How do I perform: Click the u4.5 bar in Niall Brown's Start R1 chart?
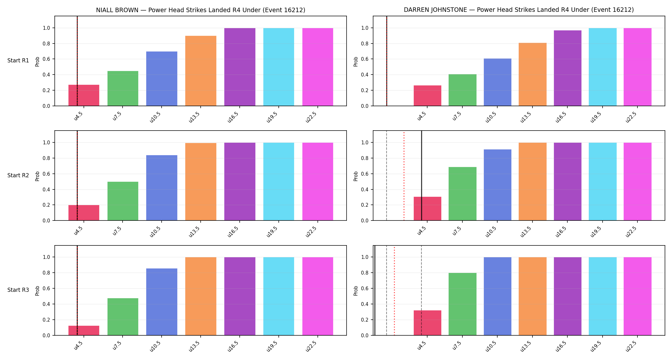[x=84, y=95]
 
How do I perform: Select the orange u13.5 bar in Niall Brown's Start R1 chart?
[x=201, y=71]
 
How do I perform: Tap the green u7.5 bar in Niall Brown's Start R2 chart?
[x=123, y=201]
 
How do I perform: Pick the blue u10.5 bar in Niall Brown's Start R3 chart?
[x=162, y=302]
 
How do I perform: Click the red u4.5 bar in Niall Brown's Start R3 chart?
[x=84, y=331]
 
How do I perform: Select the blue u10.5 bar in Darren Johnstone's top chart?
[x=498, y=82]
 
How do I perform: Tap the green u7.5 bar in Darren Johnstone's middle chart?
[x=462, y=194]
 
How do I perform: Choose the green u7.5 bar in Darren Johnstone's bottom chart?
[x=462, y=304]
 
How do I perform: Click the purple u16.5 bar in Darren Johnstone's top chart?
[x=568, y=68]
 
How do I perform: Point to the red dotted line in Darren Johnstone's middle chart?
[x=404, y=176]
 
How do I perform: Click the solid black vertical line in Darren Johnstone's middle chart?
[x=421, y=176]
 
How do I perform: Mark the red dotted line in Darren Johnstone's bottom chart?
[x=394, y=291]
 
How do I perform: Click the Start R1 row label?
[x=18, y=60]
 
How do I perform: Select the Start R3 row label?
[x=18, y=290]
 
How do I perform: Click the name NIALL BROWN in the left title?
[x=117, y=10]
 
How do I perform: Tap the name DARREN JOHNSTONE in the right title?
[x=436, y=10]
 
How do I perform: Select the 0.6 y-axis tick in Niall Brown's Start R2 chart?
[x=46, y=174]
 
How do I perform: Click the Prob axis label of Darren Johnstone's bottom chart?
[x=356, y=291]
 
